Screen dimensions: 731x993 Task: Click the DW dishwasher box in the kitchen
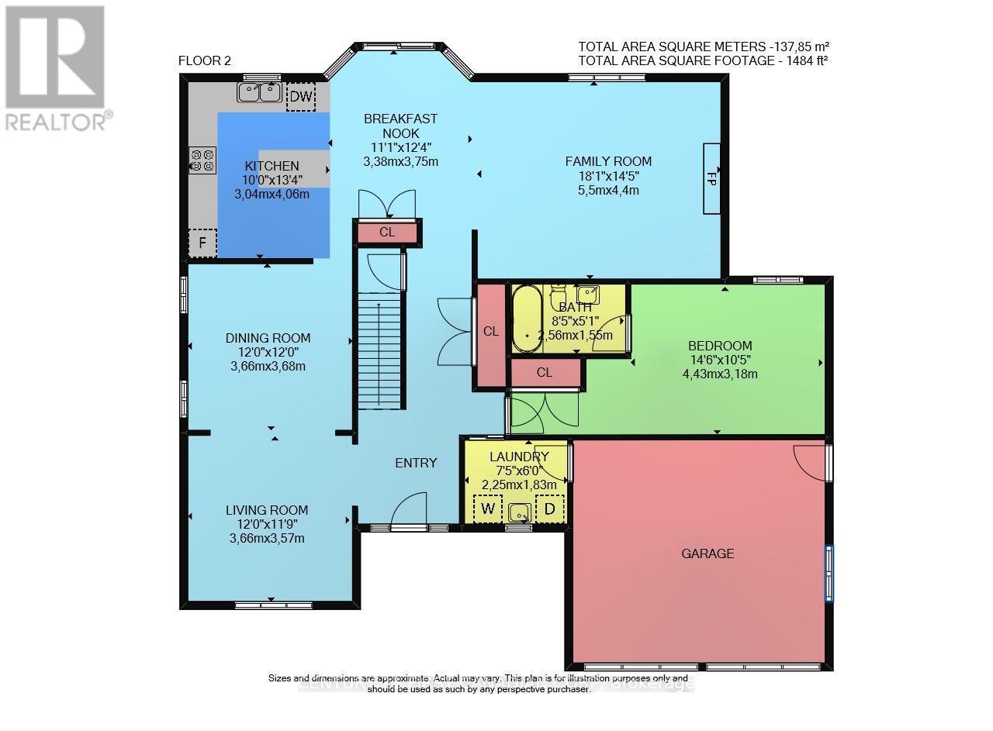coord(301,96)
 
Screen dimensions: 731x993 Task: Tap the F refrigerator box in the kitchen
coord(202,243)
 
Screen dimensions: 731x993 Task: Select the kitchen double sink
coord(260,93)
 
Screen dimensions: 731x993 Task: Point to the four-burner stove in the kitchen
coord(202,160)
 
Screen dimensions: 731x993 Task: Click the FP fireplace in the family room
coord(712,178)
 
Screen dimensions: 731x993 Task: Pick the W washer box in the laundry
coord(488,509)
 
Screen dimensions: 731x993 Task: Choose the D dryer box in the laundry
coord(550,509)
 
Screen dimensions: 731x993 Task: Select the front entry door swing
coord(410,512)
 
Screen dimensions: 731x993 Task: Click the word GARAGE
coord(708,553)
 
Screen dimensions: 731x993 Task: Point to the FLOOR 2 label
coord(205,61)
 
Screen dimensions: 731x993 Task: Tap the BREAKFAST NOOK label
coord(401,126)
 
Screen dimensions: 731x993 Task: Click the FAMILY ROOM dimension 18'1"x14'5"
coord(607,176)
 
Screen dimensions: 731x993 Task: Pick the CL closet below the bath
coord(545,373)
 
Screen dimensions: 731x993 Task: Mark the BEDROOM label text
coord(720,346)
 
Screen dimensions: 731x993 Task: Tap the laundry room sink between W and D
coord(520,512)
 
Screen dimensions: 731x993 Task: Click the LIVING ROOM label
coord(267,510)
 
